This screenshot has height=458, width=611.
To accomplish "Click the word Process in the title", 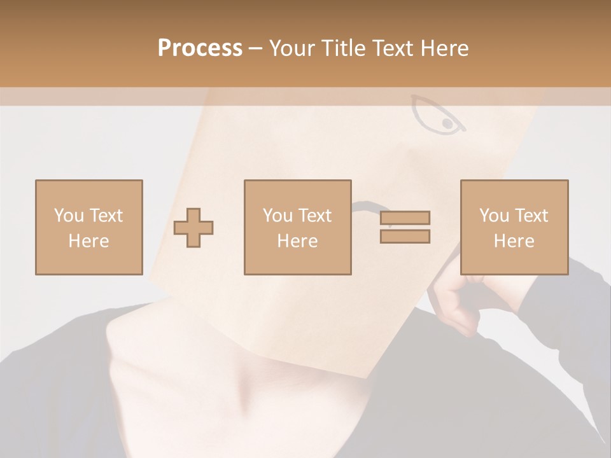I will [x=200, y=48].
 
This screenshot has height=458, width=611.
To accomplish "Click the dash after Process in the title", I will [x=256, y=49].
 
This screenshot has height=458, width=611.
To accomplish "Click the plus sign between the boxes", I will [x=193, y=227].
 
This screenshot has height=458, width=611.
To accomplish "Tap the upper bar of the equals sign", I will [x=405, y=218].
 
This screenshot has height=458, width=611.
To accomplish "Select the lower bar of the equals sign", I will [x=405, y=236].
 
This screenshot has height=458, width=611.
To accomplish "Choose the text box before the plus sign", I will [x=88, y=227].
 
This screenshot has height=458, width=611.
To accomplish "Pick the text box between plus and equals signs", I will [x=297, y=227].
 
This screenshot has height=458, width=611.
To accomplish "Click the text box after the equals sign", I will [x=514, y=227].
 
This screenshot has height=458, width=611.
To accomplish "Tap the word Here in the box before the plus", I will [x=88, y=241].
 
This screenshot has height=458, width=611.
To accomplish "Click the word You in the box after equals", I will [x=495, y=216].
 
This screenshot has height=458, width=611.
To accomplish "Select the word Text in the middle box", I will [x=316, y=216].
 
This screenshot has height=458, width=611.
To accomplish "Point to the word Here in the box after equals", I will [x=514, y=241].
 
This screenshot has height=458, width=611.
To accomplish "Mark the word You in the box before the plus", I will [x=69, y=216].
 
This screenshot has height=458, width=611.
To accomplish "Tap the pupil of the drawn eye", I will [x=447, y=123].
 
